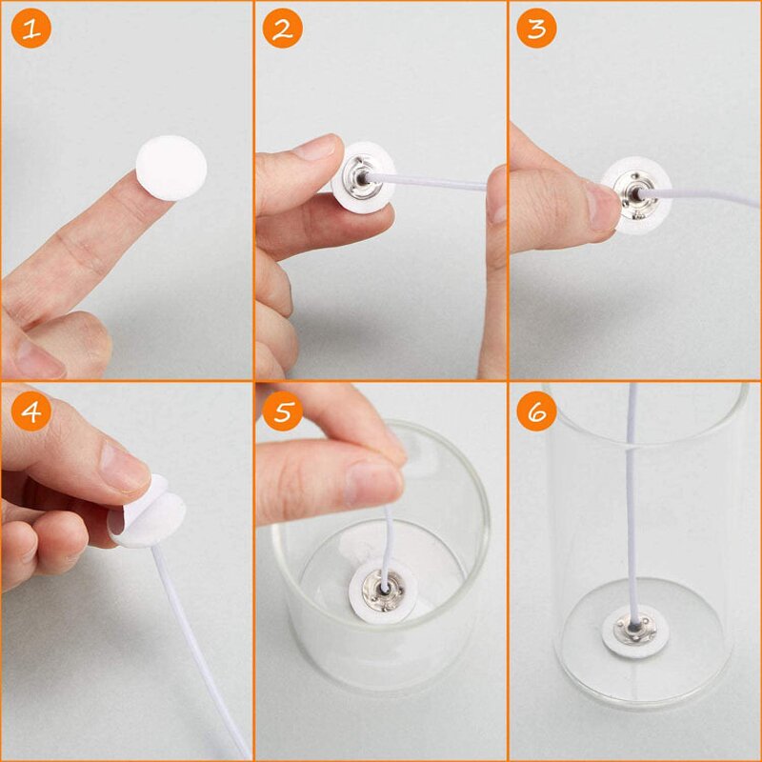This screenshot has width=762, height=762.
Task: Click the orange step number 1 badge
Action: click(x=30, y=29)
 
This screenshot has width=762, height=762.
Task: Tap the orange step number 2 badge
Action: click(x=282, y=29)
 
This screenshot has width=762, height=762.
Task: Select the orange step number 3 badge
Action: click(x=536, y=29)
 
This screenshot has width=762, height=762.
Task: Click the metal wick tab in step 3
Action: click(x=632, y=195)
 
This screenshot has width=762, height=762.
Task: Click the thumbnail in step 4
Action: click(x=123, y=466)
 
